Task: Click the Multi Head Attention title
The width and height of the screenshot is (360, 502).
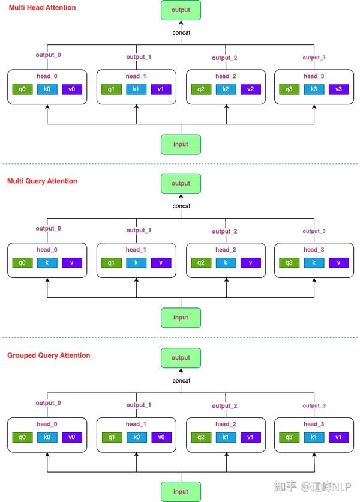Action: (x=42, y=7)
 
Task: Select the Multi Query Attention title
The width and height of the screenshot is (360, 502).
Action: (x=42, y=181)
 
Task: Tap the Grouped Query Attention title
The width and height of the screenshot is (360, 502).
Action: (x=49, y=355)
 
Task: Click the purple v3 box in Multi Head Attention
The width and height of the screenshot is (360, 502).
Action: (x=338, y=89)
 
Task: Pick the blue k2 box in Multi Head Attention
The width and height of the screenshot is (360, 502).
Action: (x=226, y=89)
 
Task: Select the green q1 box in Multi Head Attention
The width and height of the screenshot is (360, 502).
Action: (x=112, y=89)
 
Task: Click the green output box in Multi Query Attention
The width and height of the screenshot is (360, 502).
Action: (x=181, y=184)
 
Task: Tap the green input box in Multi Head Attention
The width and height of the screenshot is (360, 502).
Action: (x=181, y=144)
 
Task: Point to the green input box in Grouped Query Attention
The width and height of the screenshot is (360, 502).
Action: (x=181, y=492)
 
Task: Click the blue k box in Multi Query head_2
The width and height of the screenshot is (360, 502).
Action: (x=226, y=263)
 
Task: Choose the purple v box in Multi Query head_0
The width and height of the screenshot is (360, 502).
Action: (x=71, y=263)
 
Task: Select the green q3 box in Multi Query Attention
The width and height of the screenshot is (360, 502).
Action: (x=289, y=263)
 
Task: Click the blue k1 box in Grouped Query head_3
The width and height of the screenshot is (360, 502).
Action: (x=314, y=437)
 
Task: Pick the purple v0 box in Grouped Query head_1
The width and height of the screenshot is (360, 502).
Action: (x=161, y=437)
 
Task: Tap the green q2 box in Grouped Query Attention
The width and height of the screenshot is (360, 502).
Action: (x=201, y=437)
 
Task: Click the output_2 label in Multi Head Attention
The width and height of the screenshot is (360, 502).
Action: (x=224, y=58)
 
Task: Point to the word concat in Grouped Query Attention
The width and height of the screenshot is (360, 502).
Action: (x=181, y=380)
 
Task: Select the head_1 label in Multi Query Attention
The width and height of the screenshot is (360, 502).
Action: (x=136, y=250)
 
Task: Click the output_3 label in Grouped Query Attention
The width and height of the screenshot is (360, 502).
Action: (x=314, y=405)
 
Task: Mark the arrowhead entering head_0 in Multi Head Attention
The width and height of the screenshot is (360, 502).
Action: (x=47, y=107)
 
